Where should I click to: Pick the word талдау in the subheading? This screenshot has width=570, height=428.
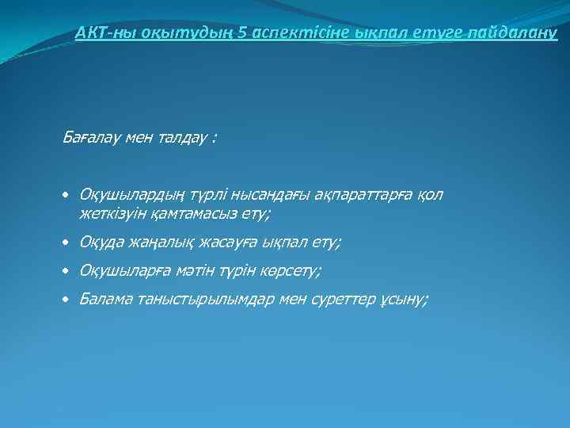tap(178, 137)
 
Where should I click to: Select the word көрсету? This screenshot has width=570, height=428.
tap(287, 271)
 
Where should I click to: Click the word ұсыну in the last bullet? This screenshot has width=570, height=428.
tap(403, 300)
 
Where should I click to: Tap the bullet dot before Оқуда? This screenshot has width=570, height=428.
tap(67, 243)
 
